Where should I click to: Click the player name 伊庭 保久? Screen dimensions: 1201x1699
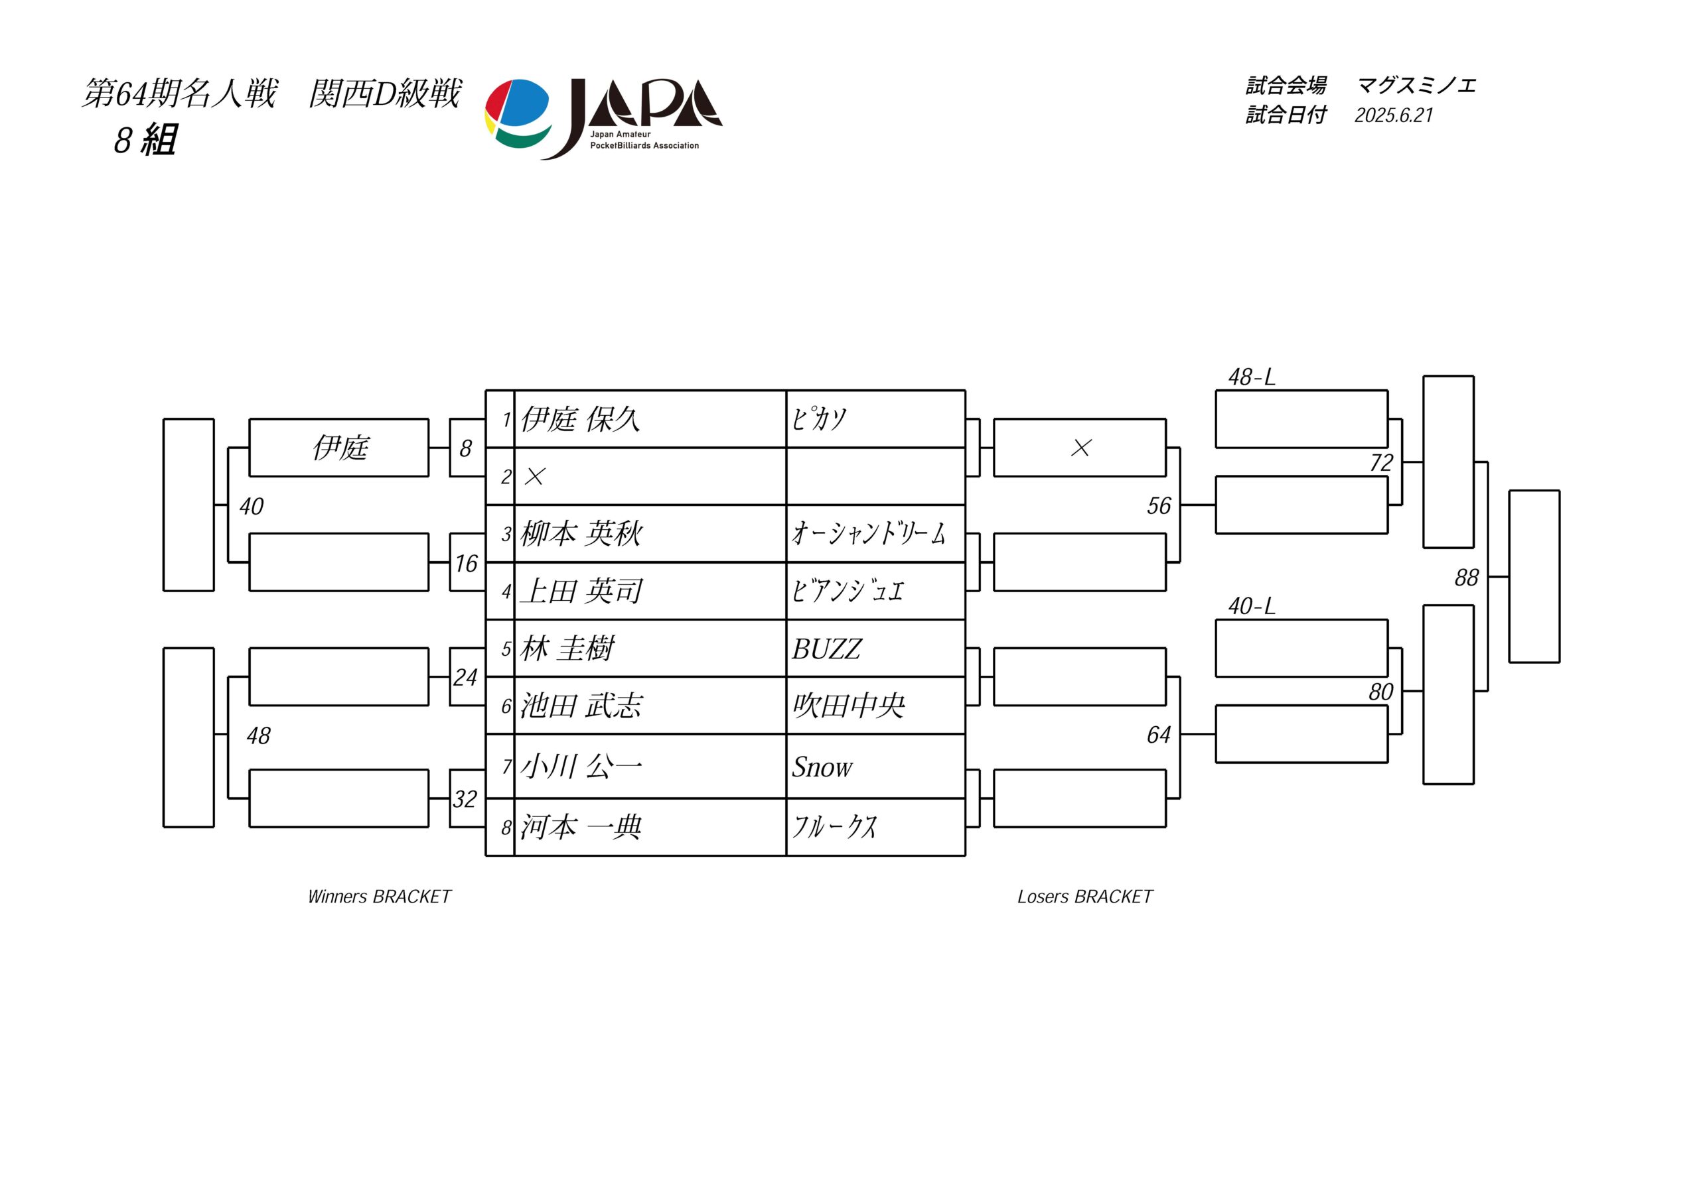580,419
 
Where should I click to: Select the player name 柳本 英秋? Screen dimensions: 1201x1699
581,534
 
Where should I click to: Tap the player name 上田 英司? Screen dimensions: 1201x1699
581,591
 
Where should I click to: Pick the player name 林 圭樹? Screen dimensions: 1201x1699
567,649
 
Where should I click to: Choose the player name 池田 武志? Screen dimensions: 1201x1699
581,706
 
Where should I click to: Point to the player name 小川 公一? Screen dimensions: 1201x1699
581,767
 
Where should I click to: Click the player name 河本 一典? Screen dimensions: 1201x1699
581,827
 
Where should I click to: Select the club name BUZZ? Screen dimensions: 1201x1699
826,649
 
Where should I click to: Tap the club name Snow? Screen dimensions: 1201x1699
822,767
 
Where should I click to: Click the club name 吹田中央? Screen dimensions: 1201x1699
849,706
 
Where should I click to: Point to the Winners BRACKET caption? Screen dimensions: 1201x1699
379,897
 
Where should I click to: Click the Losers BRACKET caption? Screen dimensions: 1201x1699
1085,897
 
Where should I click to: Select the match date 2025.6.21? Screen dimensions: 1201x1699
1394,115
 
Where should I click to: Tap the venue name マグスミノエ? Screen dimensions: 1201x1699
1416,86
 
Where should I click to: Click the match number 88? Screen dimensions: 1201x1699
1466,578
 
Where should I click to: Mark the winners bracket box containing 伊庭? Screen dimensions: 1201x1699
339,448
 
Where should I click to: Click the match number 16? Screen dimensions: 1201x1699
466,564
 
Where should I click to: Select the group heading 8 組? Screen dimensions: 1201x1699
146,140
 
